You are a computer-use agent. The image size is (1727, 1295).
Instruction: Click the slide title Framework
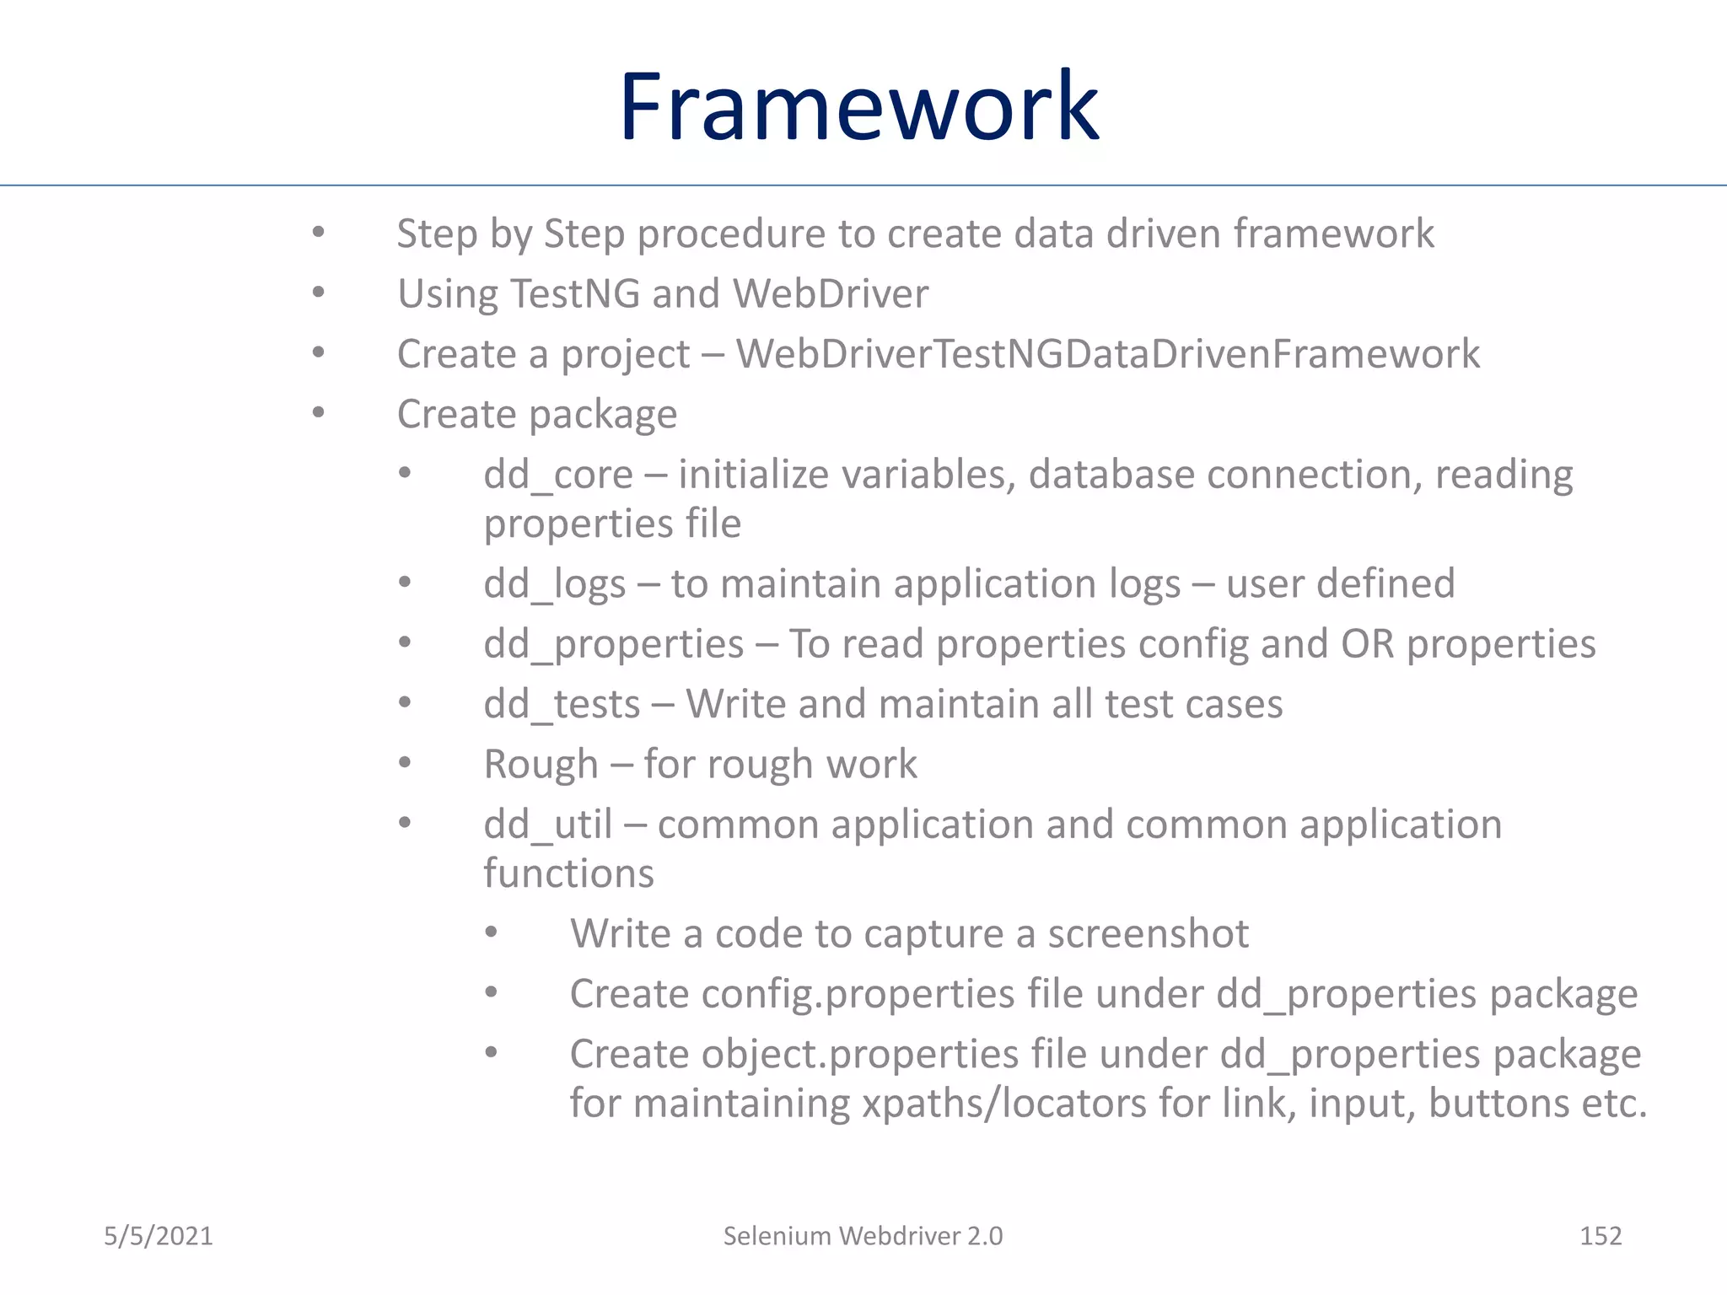tap(858, 107)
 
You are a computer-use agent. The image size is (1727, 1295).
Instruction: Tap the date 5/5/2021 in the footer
tap(159, 1236)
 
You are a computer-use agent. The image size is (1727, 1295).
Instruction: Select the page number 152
tap(1600, 1236)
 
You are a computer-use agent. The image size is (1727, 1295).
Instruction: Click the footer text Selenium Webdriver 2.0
tap(863, 1236)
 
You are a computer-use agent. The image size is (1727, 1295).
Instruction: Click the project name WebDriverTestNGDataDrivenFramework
tap(1107, 354)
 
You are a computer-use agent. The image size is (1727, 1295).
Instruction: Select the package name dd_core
tap(557, 475)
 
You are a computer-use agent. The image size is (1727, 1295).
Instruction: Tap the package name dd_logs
tap(554, 584)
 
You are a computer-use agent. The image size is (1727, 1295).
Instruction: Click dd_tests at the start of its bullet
tap(562, 704)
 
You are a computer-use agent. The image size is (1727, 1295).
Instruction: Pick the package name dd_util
tap(547, 825)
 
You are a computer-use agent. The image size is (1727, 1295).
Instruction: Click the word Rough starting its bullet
tap(541, 765)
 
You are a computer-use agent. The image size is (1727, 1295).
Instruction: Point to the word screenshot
tap(1148, 934)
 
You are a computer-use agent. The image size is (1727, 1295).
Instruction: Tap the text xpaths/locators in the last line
tap(1003, 1104)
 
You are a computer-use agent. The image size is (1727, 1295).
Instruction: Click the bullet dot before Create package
tap(318, 413)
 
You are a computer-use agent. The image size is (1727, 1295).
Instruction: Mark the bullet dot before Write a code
tap(492, 932)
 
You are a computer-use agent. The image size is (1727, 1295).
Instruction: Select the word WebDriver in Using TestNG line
tap(830, 294)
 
